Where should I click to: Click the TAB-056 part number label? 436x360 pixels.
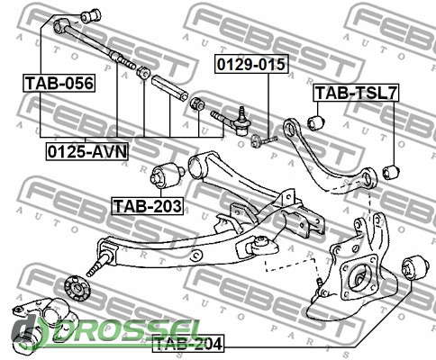[59, 83]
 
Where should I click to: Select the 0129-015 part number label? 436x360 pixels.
[251, 64]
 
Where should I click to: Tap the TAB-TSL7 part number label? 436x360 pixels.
[356, 93]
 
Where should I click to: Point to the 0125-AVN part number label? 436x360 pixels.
[87, 151]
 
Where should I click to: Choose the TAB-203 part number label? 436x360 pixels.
[148, 206]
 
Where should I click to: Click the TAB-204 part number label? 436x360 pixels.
[188, 344]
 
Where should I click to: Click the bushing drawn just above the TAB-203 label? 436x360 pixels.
[168, 176]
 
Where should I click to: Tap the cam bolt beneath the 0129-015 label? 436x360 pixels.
[264, 139]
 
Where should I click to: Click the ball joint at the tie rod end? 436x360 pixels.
[242, 121]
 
